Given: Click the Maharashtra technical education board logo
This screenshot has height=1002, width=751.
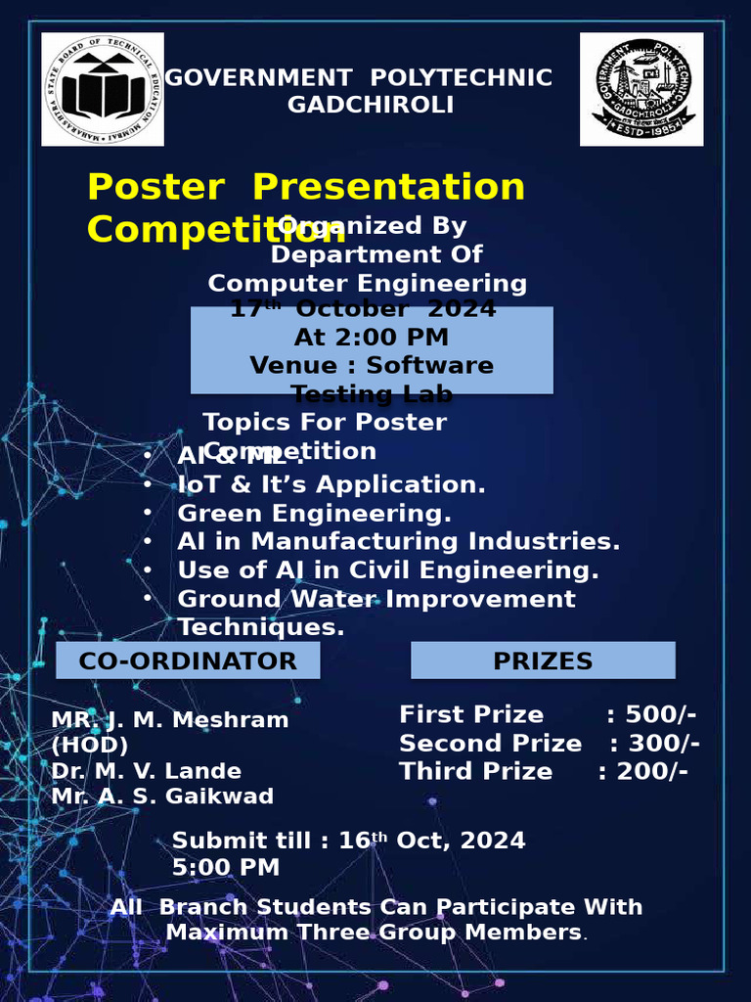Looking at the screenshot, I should (103, 89).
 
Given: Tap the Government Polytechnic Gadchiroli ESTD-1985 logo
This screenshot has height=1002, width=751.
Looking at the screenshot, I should (641, 89).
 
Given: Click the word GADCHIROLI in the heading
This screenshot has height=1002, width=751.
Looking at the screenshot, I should (370, 105).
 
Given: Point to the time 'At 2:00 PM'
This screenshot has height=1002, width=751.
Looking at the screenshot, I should (372, 338).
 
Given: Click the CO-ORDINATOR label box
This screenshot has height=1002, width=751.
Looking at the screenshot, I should (188, 660).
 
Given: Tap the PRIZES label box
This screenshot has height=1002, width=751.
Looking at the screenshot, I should (543, 660).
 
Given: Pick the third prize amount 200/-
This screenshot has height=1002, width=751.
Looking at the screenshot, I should (652, 771).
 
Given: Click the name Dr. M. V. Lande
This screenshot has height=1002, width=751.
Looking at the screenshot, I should (146, 771).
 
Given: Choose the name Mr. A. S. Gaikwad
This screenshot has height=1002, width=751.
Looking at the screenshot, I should (162, 796).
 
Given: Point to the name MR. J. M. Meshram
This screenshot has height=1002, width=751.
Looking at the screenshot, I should (170, 720).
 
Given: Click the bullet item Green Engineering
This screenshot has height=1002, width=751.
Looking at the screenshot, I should (314, 513).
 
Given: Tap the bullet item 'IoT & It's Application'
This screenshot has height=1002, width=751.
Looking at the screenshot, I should (331, 484).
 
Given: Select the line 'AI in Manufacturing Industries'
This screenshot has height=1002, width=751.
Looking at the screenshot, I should (398, 541).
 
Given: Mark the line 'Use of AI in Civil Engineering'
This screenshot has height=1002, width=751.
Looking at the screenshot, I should (387, 569).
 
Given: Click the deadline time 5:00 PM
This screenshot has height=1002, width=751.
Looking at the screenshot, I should (226, 867).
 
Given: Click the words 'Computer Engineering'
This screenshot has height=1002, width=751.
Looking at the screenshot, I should (368, 284).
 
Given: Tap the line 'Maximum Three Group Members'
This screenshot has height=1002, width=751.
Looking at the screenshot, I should (374, 932).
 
